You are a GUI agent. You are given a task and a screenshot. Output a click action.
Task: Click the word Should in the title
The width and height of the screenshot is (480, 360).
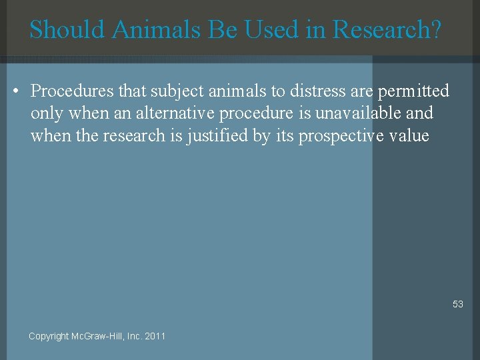coord(67,29)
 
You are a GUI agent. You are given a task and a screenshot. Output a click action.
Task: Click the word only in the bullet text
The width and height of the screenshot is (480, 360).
coord(46,113)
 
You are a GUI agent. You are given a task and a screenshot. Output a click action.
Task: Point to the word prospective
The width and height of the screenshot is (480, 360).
coord(341,136)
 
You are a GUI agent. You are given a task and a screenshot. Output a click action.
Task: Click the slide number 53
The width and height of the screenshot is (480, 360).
coord(457,304)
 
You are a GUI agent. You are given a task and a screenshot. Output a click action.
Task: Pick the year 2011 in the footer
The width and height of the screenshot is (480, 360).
coord(155,336)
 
